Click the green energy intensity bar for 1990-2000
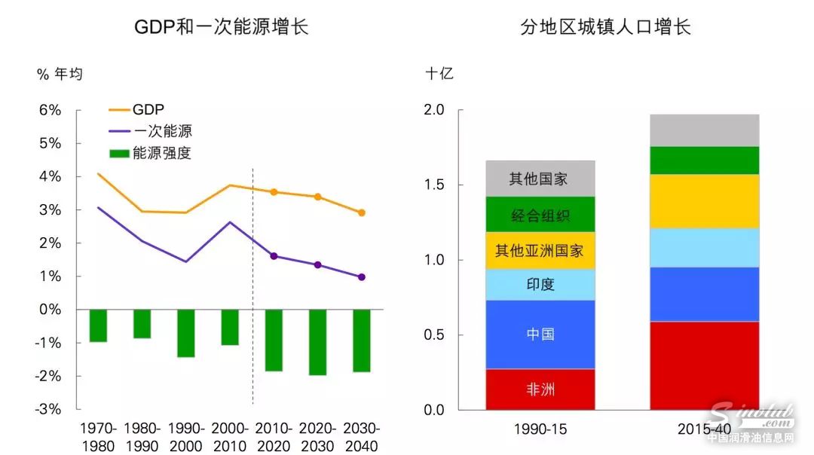(x=186, y=333)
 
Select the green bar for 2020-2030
(x=318, y=342)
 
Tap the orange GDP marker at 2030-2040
(x=362, y=212)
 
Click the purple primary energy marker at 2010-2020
(x=274, y=256)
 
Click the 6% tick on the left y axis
(x=50, y=110)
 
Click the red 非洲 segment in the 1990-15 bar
(x=540, y=389)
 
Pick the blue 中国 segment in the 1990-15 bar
(x=540, y=334)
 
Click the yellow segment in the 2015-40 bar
(x=704, y=201)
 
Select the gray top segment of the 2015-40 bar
(x=704, y=130)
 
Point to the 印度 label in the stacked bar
(x=540, y=284)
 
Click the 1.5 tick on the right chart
(x=434, y=185)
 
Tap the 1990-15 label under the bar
(x=540, y=429)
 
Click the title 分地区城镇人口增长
(x=605, y=28)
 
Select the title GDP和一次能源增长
(x=222, y=28)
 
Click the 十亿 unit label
(x=439, y=74)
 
